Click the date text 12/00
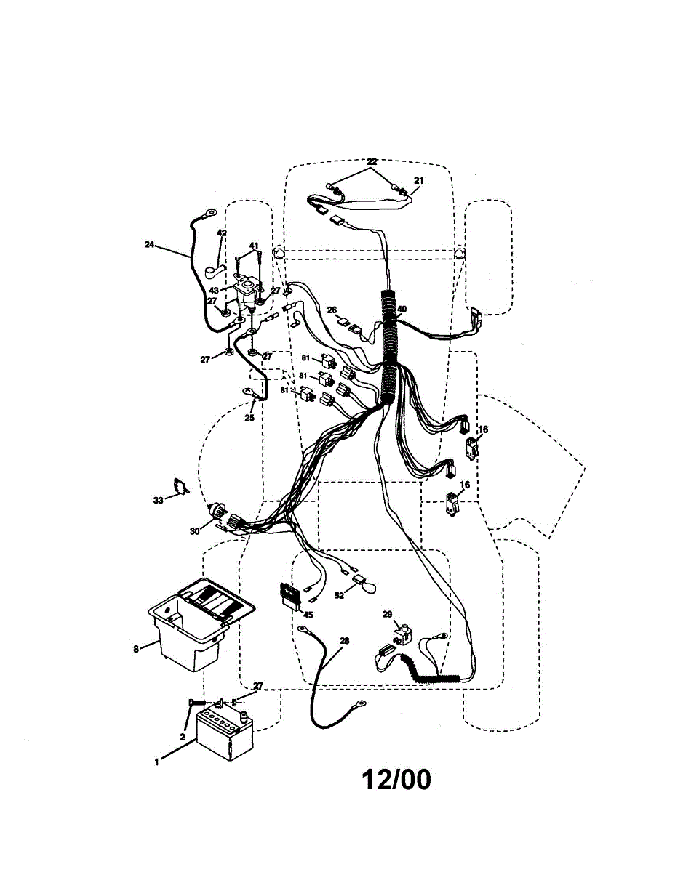[396, 780]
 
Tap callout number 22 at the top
[372, 161]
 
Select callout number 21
[418, 180]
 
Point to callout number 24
[149, 245]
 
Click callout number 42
[222, 233]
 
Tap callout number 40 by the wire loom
[402, 309]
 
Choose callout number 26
[332, 310]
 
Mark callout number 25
[249, 418]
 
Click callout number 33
[159, 499]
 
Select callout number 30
[194, 531]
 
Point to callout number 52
[339, 595]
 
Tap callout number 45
[308, 614]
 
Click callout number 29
[387, 614]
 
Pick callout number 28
[344, 641]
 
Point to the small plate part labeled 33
[179, 486]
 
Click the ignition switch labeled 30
[217, 514]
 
